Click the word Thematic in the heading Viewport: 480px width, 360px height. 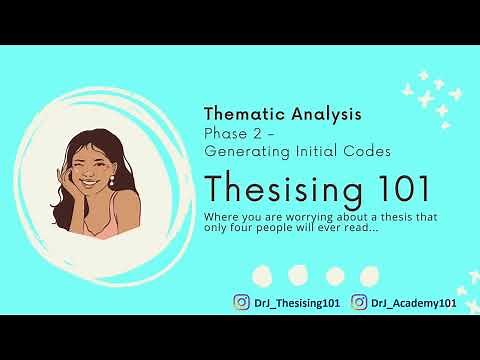pos(239,115)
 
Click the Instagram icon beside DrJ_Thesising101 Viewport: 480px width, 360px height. pos(241,302)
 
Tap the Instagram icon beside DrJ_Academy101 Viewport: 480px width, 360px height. pos(358,302)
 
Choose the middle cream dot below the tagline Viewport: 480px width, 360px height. pos(297,273)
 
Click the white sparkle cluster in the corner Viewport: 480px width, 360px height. pos(441,92)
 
